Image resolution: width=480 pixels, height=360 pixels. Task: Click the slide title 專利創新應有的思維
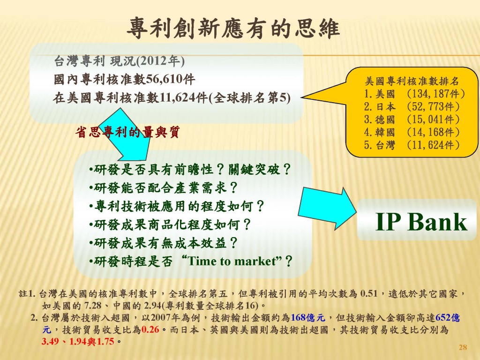pos(233,29)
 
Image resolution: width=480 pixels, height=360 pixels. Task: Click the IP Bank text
pos(421,222)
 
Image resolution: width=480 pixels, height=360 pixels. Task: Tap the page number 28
pos(463,347)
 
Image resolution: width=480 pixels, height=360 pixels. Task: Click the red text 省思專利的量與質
pos(127,133)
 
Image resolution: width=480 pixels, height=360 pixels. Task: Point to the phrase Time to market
pos(231,261)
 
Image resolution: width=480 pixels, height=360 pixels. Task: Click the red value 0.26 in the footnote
pos(150,330)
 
